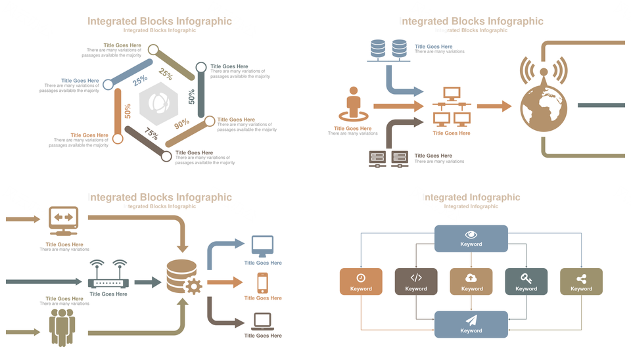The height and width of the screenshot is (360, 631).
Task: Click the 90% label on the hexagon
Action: pyautogui.click(x=182, y=123)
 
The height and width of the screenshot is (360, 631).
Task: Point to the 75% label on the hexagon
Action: pyautogui.click(x=152, y=134)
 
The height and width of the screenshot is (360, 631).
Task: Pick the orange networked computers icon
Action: pyautogui.click(x=452, y=107)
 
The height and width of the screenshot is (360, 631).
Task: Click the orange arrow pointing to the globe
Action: pyautogui.click(x=494, y=106)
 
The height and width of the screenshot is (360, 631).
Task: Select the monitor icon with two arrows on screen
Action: pyautogui.click(x=64, y=221)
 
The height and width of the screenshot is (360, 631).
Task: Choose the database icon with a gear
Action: pyautogui.click(x=183, y=277)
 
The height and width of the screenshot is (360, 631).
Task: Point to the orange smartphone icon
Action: pyautogui.click(x=263, y=282)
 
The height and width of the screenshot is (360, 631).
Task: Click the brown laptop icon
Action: pyautogui.click(x=263, y=321)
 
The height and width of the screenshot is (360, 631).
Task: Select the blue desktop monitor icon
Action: pyautogui.click(x=263, y=247)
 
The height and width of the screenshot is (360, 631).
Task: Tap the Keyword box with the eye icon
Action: pyautogui.click(x=471, y=238)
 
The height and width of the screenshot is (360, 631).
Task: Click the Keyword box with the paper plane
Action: pyautogui.click(x=471, y=325)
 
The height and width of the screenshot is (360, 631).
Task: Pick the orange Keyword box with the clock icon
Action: pyautogui.click(x=361, y=281)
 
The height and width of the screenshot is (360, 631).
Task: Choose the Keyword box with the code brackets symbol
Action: pyautogui.click(x=416, y=281)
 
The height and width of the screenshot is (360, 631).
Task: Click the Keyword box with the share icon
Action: pyautogui.click(x=581, y=281)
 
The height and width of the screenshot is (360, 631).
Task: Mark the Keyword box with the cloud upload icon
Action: pyautogui.click(x=471, y=281)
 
